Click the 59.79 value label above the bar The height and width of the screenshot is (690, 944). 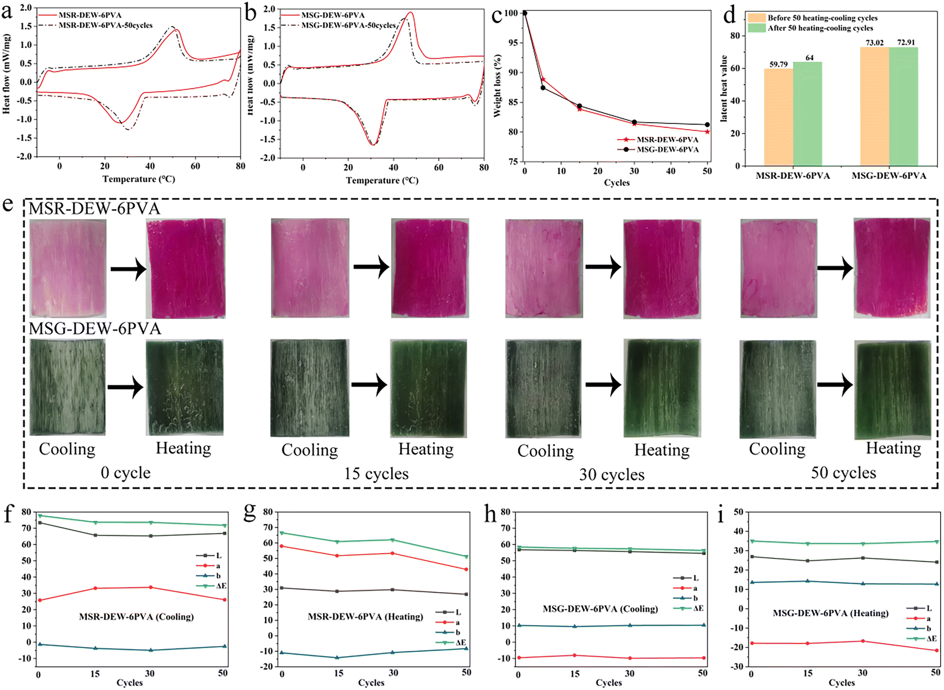(x=778, y=64)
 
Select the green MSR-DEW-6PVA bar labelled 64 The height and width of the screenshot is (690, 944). (x=807, y=114)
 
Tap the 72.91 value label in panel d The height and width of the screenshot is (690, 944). (x=905, y=42)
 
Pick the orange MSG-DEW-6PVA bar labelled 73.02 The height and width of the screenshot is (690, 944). (x=874, y=106)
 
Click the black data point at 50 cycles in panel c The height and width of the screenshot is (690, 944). (x=707, y=125)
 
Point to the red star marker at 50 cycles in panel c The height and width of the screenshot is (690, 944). (x=707, y=132)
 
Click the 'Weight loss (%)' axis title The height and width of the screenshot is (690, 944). (x=497, y=86)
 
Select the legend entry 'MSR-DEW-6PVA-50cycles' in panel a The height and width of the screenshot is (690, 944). (x=105, y=25)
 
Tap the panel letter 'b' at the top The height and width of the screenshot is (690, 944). (x=251, y=13)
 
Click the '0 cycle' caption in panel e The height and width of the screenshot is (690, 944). (x=126, y=472)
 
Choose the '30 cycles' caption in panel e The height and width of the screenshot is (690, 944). (x=612, y=474)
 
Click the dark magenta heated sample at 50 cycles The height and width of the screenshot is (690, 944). (x=892, y=267)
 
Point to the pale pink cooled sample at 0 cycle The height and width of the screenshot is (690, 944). (x=68, y=268)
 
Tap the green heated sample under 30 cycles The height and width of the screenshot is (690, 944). (x=662, y=388)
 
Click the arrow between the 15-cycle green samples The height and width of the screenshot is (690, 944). (x=370, y=385)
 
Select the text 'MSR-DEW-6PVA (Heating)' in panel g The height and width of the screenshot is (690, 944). (x=365, y=616)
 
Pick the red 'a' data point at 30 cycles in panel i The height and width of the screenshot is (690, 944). (x=863, y=641)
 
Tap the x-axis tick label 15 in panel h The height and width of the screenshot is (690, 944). (x=575, y=674)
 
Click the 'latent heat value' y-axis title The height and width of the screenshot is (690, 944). (x=724, y=88)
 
